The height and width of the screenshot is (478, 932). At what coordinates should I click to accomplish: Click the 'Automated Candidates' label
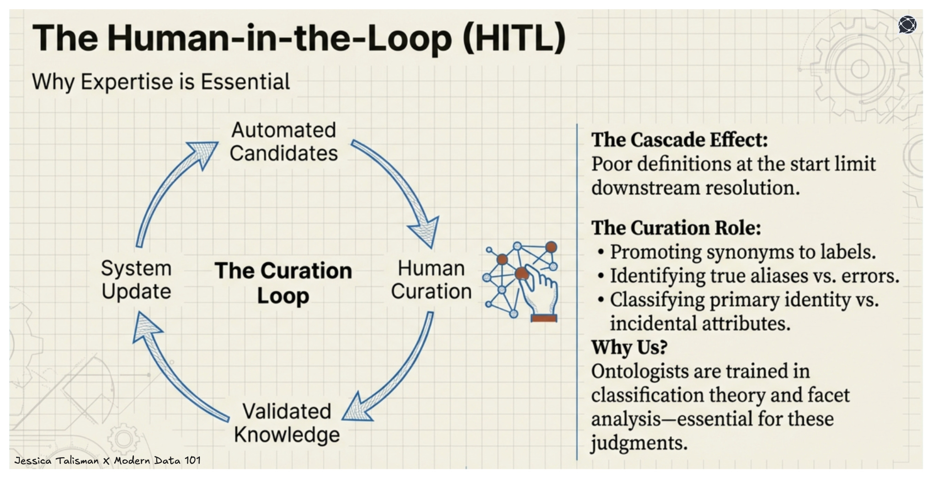pyautogui.click(x=283, y=142)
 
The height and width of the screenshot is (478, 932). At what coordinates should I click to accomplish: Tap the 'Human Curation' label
pyautogui.click(x=431, y=280)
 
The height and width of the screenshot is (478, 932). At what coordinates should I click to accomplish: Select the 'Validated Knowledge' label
pyautogui.click(x=287, y=423)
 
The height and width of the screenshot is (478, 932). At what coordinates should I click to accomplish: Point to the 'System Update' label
pyautogui.click(x=136, y=280)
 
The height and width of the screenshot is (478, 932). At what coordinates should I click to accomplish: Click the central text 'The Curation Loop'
pyautogui.click(x=283, y=282)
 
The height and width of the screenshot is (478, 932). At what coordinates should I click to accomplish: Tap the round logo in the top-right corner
pyautogui.click(x=907, y=25)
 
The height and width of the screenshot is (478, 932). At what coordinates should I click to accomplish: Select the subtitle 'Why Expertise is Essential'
pyautogui.click(x=161, y=82)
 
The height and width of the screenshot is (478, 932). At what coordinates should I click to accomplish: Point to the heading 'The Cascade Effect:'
pyautogui.click(x=679, y=140)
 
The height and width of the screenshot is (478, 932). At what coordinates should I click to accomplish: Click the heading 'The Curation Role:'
pyautogui.click(x=676, y=227)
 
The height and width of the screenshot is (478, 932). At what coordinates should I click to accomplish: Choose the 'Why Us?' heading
pyautogui.click(x=629, y=347)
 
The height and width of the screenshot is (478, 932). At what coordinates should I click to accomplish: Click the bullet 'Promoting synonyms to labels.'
pyautogui.click(x=742, y=252)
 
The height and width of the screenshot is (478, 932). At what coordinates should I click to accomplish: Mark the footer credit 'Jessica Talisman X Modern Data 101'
pyautogui.click(x=108, y=460)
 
